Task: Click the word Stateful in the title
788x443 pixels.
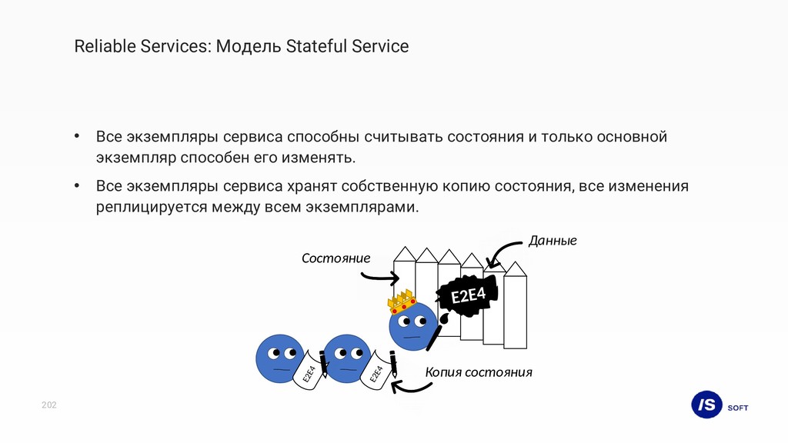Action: point(316,47)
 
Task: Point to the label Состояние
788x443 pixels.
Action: point(336,258)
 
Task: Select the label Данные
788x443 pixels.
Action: point(552,241)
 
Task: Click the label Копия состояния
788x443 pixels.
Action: point(479,373)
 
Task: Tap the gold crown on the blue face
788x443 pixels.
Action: point(400,301)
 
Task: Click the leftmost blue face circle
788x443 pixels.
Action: point(279,358)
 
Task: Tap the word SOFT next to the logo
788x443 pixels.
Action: point(737,408)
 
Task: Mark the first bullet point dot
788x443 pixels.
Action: point(77,137)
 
